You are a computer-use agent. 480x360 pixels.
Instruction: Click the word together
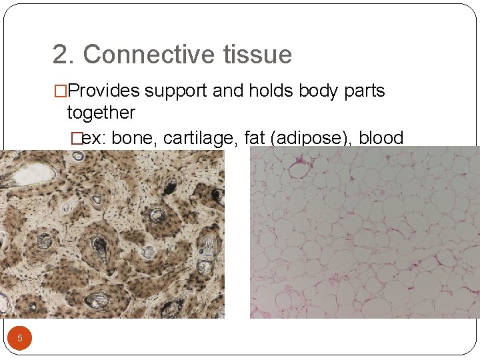(x=101, y=112)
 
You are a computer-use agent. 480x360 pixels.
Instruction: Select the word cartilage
(x=201, y=138)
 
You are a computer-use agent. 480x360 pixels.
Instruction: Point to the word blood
(x=381, y=138)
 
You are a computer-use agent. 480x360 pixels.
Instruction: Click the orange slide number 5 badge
(x=20, y=338)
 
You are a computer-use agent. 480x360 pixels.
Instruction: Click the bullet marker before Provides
(x=60, y=91)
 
